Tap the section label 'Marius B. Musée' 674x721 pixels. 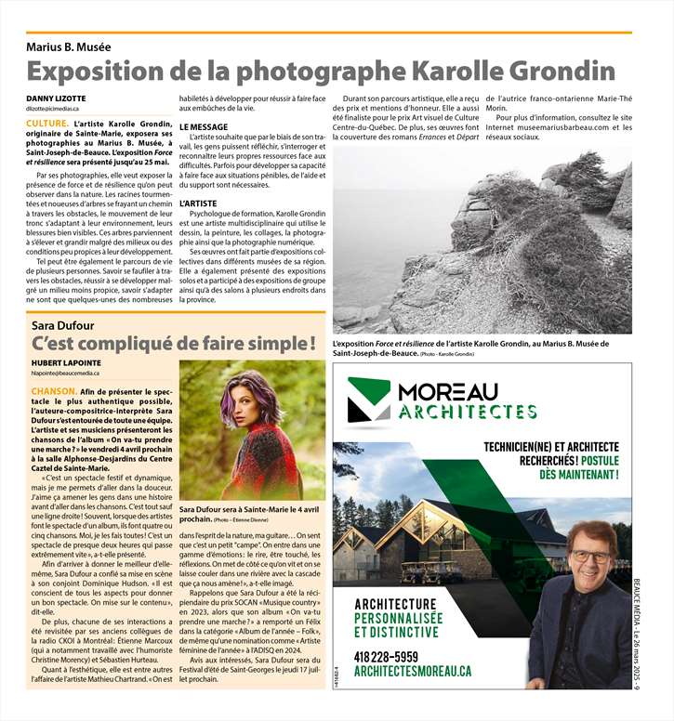68,46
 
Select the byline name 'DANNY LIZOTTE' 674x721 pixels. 55,98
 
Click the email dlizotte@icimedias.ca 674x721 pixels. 59,109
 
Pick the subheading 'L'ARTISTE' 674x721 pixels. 198,202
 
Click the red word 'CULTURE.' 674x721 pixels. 46,124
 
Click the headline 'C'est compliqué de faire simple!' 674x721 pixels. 174,345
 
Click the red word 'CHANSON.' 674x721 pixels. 52,392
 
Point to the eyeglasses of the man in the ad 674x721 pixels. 591,557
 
